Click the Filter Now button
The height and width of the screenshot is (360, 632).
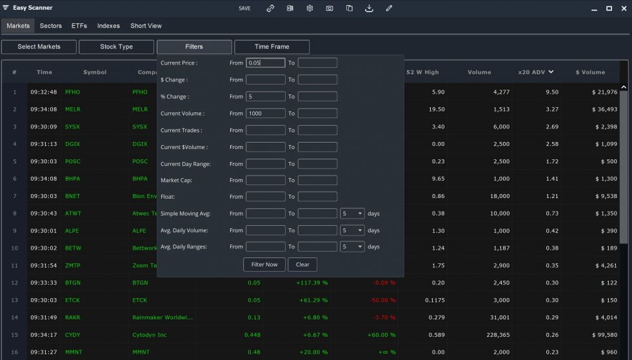pos(264,265)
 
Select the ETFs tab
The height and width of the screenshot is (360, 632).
pos(79,26)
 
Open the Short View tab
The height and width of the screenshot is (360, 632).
pos(146,26)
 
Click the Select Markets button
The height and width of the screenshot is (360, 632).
pos(39,46)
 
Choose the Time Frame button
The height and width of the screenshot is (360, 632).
pos(272,46)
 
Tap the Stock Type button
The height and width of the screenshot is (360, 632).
pos(116,46)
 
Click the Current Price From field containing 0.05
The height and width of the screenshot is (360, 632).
pos(265,63)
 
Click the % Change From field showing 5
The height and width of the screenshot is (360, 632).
pos(265,97)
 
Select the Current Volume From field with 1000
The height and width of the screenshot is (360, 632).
pos(265,114)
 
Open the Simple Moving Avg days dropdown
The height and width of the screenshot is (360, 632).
pos(352,214)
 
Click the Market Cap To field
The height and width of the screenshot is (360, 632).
pos(317,180)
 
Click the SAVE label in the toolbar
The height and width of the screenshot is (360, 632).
pos(244,8)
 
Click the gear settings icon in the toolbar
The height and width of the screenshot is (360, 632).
pos(310,8)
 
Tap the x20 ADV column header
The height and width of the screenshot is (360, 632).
pos(536,72)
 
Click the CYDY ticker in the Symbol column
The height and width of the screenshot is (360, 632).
pos(73,335)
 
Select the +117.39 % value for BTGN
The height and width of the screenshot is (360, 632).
pos(312,283)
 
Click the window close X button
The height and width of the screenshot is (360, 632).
pos(623,8)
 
